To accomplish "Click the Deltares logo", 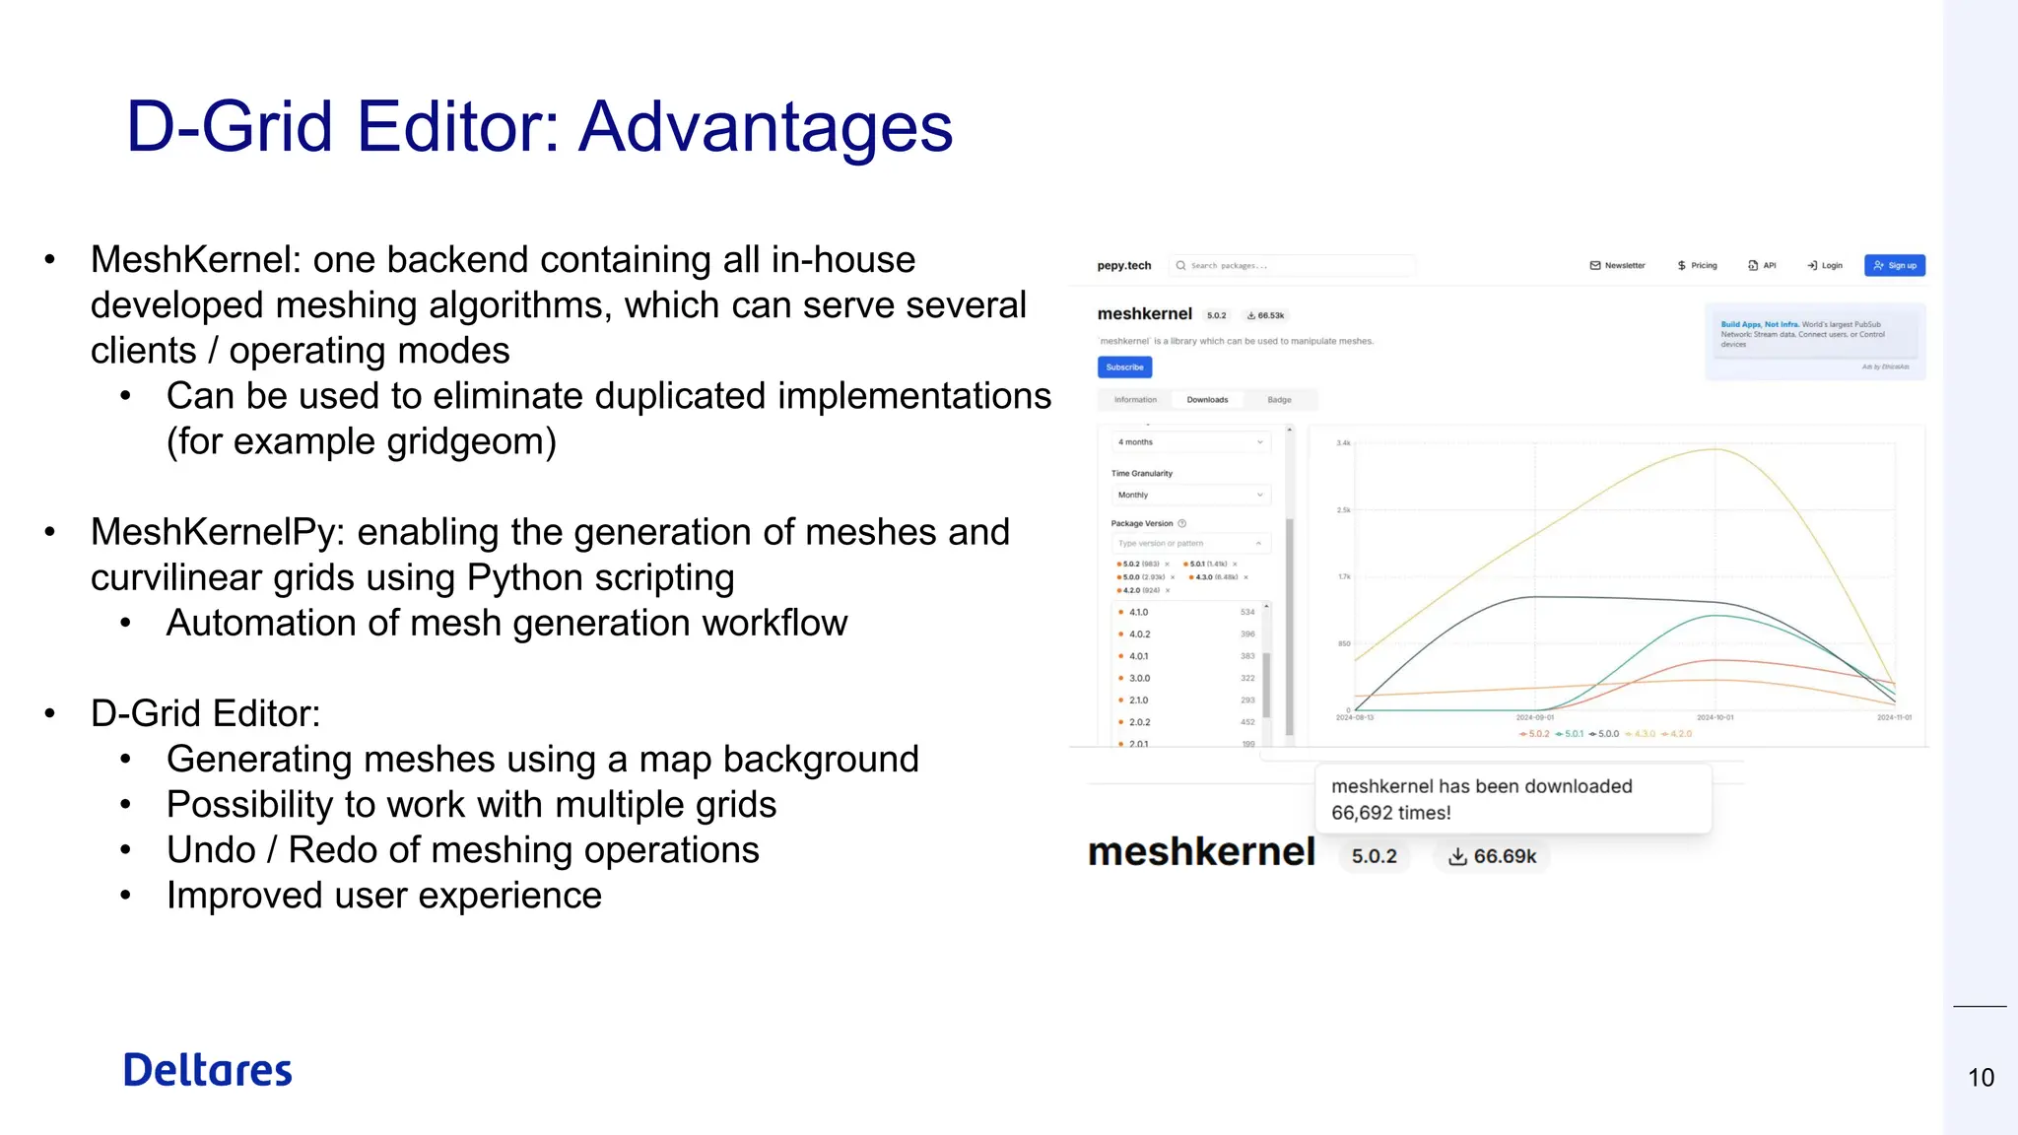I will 208,1070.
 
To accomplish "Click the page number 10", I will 1981,1078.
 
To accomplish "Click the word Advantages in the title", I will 765,127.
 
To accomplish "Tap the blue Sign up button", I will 1894,266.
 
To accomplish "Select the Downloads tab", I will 1207,400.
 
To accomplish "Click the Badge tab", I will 1279,400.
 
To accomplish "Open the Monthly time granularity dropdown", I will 1190,496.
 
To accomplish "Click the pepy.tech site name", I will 1123,266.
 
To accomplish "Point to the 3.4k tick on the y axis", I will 1343,443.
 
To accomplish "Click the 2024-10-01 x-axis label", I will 1715,718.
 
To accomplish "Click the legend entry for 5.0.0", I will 1604,734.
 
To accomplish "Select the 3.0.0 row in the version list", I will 1139,679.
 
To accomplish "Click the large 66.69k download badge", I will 1493,856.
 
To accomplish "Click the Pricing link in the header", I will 1698,266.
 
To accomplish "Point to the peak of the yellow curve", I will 1715,449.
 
